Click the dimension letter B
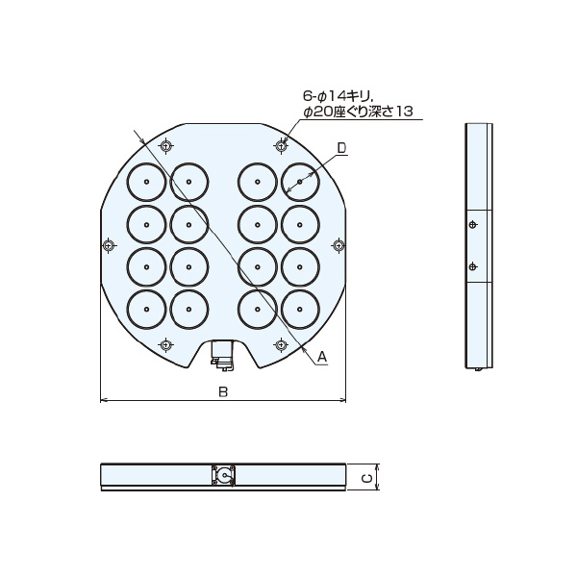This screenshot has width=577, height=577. [x=223, y=391]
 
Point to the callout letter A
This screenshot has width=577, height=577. [x=322, y=357]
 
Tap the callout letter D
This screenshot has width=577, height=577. [x=341, y=148]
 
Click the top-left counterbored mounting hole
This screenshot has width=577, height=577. [x=166, y=146]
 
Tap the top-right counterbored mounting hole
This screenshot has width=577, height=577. [x=281, y=146]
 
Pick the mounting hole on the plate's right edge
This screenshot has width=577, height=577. [x=338, y=244]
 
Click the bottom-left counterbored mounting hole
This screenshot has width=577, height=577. [x=166, y=343]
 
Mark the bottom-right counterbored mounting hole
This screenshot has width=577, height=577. [x=281, y=343]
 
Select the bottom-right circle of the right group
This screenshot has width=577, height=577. [x=300, y=309]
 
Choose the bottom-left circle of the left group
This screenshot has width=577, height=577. [x=145, y=309]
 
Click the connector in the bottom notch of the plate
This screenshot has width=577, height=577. [x=223, y=356]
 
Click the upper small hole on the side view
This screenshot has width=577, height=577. [x=471, y=225]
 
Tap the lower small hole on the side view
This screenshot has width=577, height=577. [x=471, y=266]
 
